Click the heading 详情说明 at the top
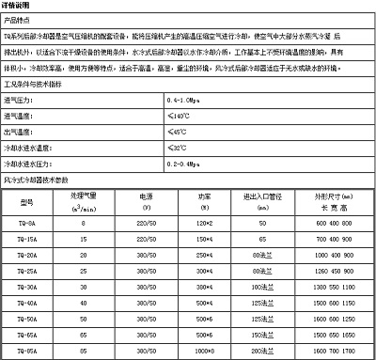19,6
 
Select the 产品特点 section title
20,20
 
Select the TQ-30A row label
28,287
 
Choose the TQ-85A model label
28,351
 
